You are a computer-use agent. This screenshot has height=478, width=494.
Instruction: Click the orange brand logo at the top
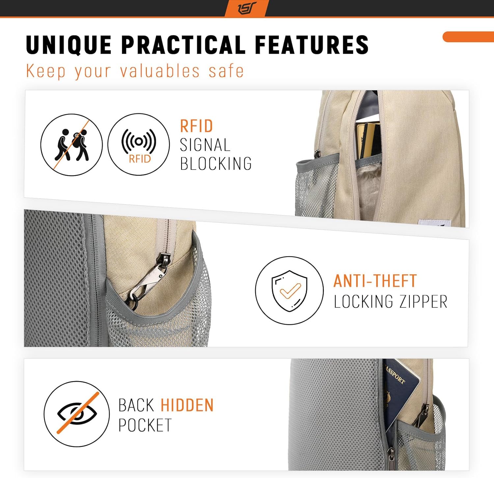(x=247, y=8)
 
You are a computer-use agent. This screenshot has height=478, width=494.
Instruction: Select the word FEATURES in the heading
(x=312, y=45)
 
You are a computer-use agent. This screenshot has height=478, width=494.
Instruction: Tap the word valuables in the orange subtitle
(x=160, y=71)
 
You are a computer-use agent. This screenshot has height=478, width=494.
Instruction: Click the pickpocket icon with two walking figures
(x=71, y=145)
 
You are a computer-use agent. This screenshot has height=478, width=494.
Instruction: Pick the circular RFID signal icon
(x=139, y=145)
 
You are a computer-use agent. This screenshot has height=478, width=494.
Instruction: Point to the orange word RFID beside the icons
(x=197, y=126)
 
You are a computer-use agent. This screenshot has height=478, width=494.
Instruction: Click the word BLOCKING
(x=216, y=164)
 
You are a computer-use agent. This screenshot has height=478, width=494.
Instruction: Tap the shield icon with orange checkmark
(x=289, y=291)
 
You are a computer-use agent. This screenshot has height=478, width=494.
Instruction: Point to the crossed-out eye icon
(x=77, y=414)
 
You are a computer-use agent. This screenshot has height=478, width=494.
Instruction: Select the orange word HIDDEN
(x=187, y=405)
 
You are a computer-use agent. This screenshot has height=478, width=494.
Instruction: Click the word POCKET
(x=145, y=425)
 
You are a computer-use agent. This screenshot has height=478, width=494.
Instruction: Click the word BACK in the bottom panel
(x=136, y=405)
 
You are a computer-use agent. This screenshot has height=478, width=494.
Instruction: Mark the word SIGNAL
(x=205, y=145)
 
